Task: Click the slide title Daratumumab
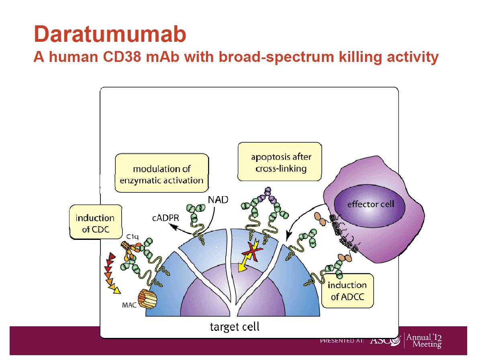click(110, 34)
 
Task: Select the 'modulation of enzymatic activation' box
click(162, 174)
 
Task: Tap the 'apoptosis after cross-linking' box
click(280, 162)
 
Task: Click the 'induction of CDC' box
click(95, 223)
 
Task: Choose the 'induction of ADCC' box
click(347, 291)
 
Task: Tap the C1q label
click(133, 237)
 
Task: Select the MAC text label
click(129, 305)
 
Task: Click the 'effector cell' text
click(370, 204)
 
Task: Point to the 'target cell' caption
click(235, 326)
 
